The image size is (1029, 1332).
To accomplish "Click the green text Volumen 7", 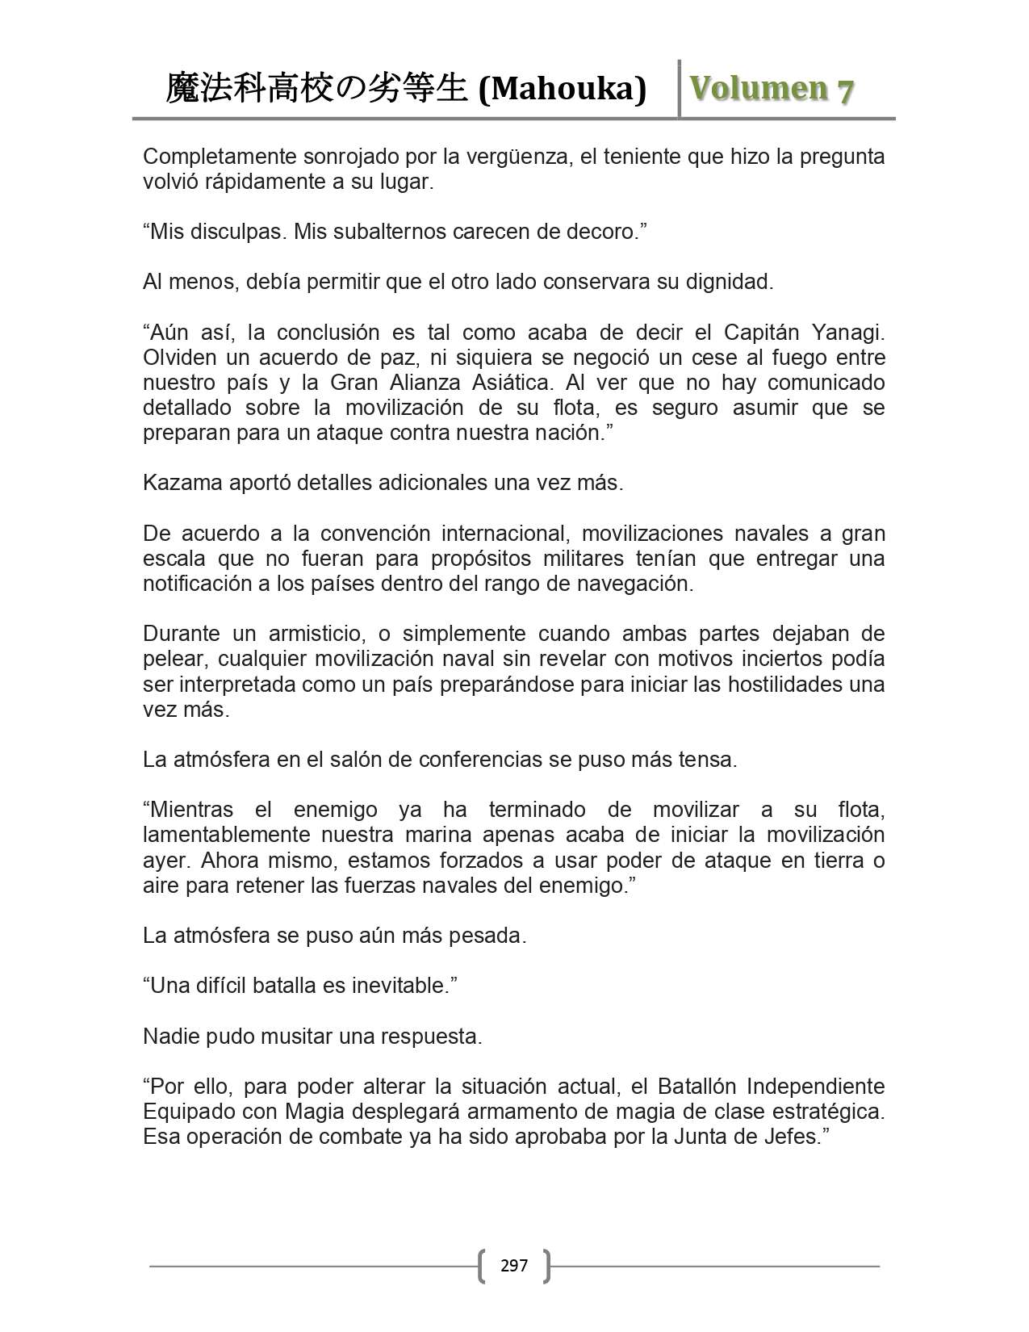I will [771, 89].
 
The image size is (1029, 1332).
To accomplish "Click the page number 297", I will [514, 1265].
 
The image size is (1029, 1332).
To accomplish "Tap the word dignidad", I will [728, 282].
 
